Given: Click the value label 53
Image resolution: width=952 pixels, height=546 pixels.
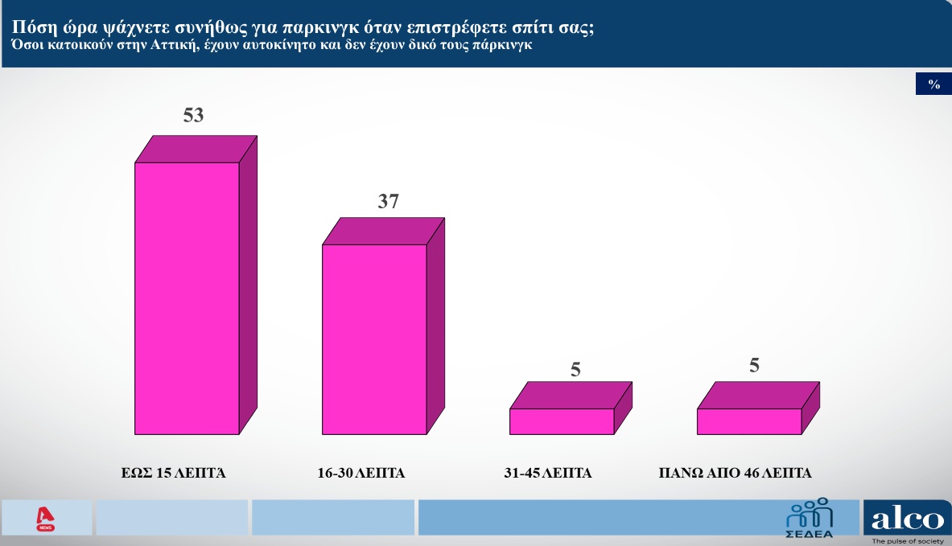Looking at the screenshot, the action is [x=194, y=115].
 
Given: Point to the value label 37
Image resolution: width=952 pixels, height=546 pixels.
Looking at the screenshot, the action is [x=389, y=201].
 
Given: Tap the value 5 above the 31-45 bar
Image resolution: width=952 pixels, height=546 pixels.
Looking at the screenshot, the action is [x=575, y=369].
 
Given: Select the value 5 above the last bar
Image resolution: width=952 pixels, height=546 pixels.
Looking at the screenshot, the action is [x=754, y=364].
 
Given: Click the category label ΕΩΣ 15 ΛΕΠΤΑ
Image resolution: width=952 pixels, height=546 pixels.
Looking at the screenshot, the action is [x=173, y=473].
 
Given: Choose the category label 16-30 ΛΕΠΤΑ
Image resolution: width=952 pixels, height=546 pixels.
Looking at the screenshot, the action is [x=361, y=473].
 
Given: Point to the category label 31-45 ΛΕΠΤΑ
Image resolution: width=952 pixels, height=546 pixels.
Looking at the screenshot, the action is [x=548, y=473].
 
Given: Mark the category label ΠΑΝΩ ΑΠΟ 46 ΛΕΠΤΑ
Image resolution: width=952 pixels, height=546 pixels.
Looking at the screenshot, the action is [x=735, y=473].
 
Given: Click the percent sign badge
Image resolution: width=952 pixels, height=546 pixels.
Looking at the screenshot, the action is [x=933, y=84].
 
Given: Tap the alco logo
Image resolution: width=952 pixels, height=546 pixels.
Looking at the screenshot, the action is [x=908, y=519].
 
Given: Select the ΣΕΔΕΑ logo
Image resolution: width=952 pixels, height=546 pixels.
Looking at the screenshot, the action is [x=810, y=518].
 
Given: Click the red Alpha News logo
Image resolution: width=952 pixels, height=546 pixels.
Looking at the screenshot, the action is [x=46, y=519].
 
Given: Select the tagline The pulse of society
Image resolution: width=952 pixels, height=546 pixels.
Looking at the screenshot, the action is [x=908, y=541].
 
